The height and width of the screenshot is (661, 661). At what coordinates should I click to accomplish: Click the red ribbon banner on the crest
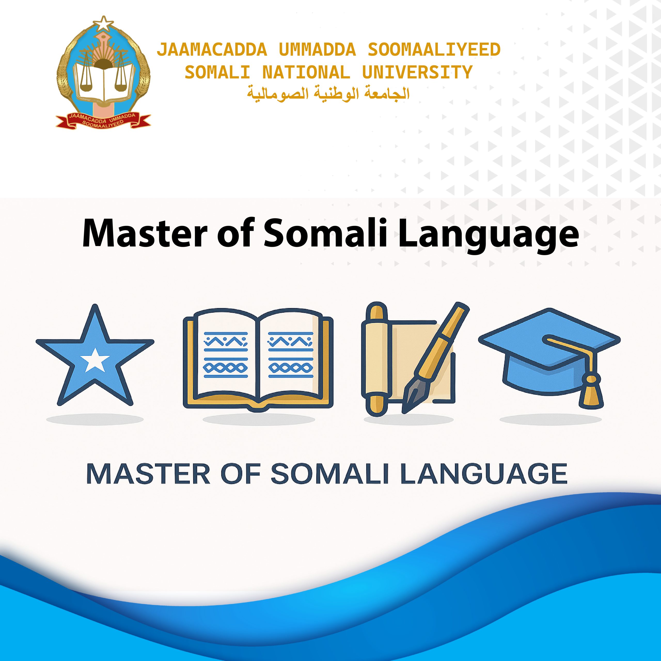[x=103, y=120]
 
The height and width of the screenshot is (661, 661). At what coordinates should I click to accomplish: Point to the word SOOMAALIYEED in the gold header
[x=434, y=50]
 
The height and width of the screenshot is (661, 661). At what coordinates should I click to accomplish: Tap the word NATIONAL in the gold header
[x=306, y=73]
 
